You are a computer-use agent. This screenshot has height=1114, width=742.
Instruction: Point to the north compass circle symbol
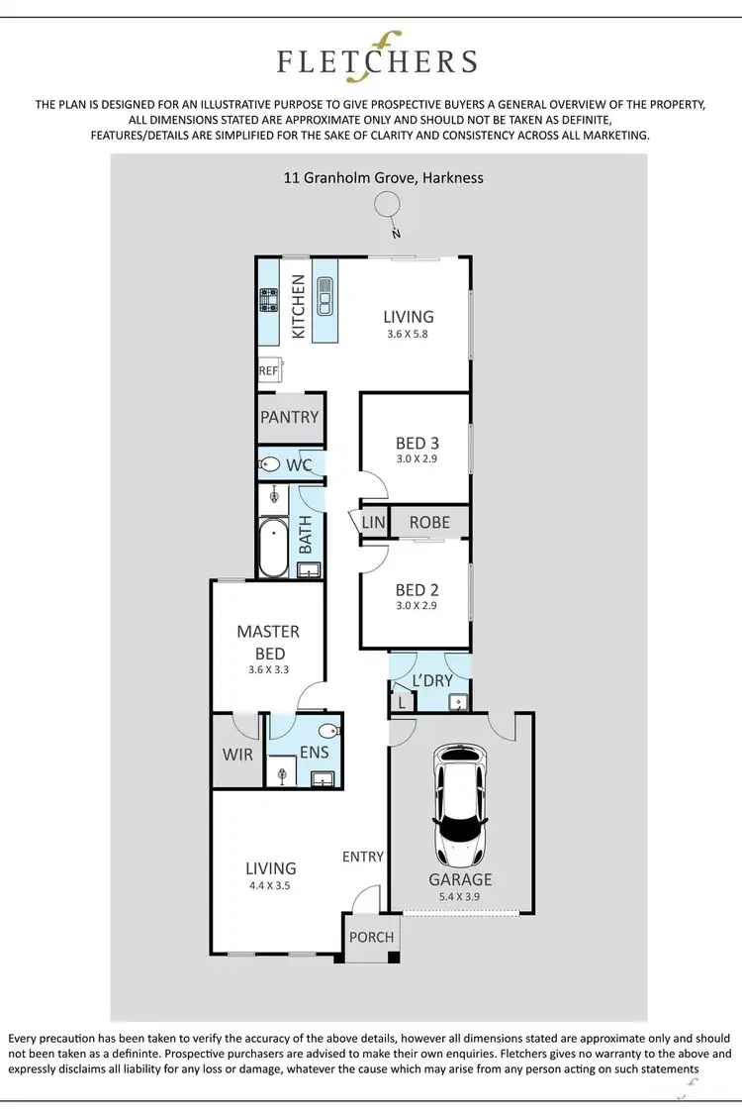(388, 205)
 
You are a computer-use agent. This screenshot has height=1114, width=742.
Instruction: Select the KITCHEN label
(298, 307)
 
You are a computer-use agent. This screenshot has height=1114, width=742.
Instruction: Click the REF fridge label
(268, 370)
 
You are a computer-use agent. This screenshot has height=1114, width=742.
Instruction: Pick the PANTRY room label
(290, 417)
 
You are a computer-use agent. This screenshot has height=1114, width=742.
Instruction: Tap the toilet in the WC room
(269, 463)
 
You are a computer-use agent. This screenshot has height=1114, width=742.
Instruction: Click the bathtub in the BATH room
(273, 549)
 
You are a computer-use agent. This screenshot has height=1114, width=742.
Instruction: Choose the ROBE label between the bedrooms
(428, 522)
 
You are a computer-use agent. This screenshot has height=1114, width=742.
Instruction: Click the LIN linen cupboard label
(373, 523)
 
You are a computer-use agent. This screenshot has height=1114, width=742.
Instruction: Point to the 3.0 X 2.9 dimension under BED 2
(416, 605)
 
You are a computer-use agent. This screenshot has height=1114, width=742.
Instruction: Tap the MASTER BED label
(268, 642)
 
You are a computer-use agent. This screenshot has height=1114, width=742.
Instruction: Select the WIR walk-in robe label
(237, 754)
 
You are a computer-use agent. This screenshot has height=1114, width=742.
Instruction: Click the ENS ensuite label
(314, 753)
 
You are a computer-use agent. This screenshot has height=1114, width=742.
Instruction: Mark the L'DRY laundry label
(432, 681)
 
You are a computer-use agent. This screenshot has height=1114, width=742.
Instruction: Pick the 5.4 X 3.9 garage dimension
(460, 897)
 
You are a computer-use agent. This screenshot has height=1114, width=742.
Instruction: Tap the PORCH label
(372, 937)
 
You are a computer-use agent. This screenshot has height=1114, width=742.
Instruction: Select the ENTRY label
(362, 857)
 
